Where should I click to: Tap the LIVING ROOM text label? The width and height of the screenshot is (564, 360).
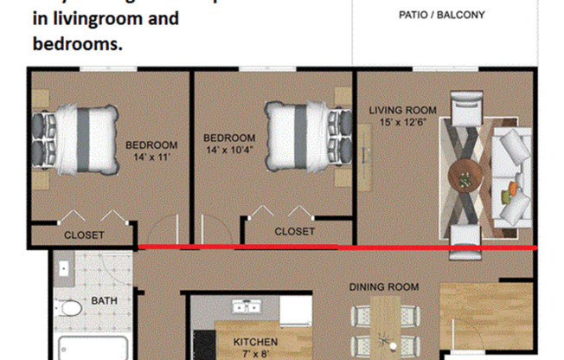click(x=402, y=111)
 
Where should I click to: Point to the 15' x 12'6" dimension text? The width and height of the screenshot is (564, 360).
click(x=403, y=123)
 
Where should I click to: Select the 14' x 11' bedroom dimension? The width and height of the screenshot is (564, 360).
click(x=151, y=158)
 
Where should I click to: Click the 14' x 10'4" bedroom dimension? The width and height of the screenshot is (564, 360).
click(x=229, y=151)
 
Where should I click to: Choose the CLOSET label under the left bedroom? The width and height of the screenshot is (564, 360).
click(x=84, y=235)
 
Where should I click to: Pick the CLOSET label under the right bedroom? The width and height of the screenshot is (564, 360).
click(x=295, y=231)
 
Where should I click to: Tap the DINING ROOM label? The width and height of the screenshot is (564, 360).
click(x=383, y=287)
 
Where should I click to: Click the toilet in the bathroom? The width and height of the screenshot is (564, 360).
click(x=71, y=307)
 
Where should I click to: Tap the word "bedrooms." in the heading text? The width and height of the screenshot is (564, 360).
click(x=78, y=42)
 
